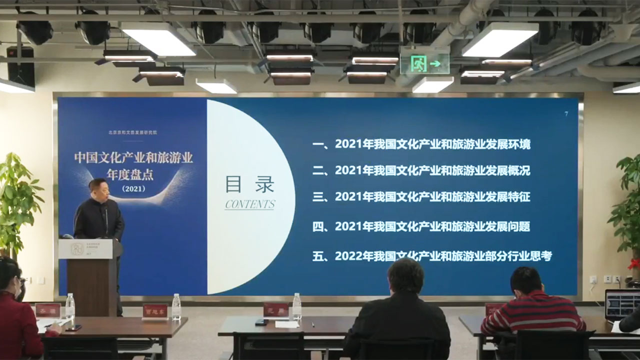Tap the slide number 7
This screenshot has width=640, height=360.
point(566,114)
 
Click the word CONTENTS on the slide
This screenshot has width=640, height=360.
point(250,204)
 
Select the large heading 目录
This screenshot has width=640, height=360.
point(249,184)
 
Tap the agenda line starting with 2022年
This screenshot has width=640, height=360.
point(432,256)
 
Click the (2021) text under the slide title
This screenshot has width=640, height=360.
point(133,189)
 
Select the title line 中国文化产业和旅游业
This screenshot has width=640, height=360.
point(133,158)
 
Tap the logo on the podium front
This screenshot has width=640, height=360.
point(76,248)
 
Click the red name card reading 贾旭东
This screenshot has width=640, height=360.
point(155,311)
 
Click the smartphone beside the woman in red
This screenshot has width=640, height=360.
point(73,328)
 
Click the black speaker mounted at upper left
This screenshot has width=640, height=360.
point(20,65)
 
